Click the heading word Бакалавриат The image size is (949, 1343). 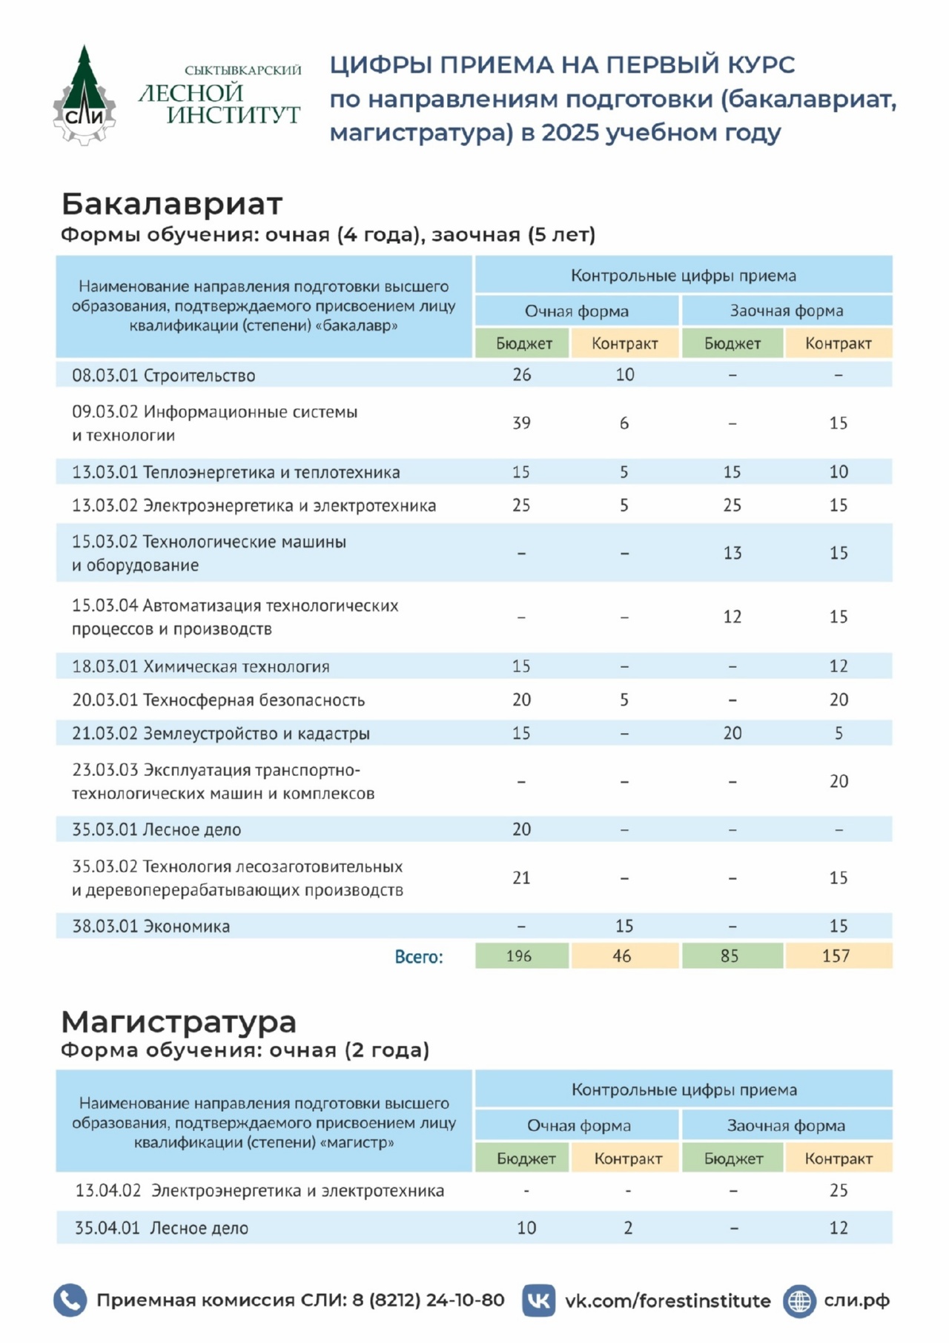coord(172,203)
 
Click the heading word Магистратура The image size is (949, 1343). coord(179,1021)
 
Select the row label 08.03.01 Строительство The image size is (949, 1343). coord(163,376)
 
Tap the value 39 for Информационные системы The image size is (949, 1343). coord(521,423)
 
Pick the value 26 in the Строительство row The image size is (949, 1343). coord(521,375)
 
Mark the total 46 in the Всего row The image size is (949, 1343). coord(622,956)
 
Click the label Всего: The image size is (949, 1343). coord(418,957)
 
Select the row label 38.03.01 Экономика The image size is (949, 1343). coord(151,926)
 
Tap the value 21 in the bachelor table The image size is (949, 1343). coord(521,878)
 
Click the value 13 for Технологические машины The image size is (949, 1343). coord(732,553)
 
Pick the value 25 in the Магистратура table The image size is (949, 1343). coord(838,1191)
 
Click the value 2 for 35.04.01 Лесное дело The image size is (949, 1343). coord(628,1228)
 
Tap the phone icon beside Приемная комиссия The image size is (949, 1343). coord(70,1301)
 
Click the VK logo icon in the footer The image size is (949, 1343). coord(539,1301)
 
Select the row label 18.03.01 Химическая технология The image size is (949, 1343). coord(200,666)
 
